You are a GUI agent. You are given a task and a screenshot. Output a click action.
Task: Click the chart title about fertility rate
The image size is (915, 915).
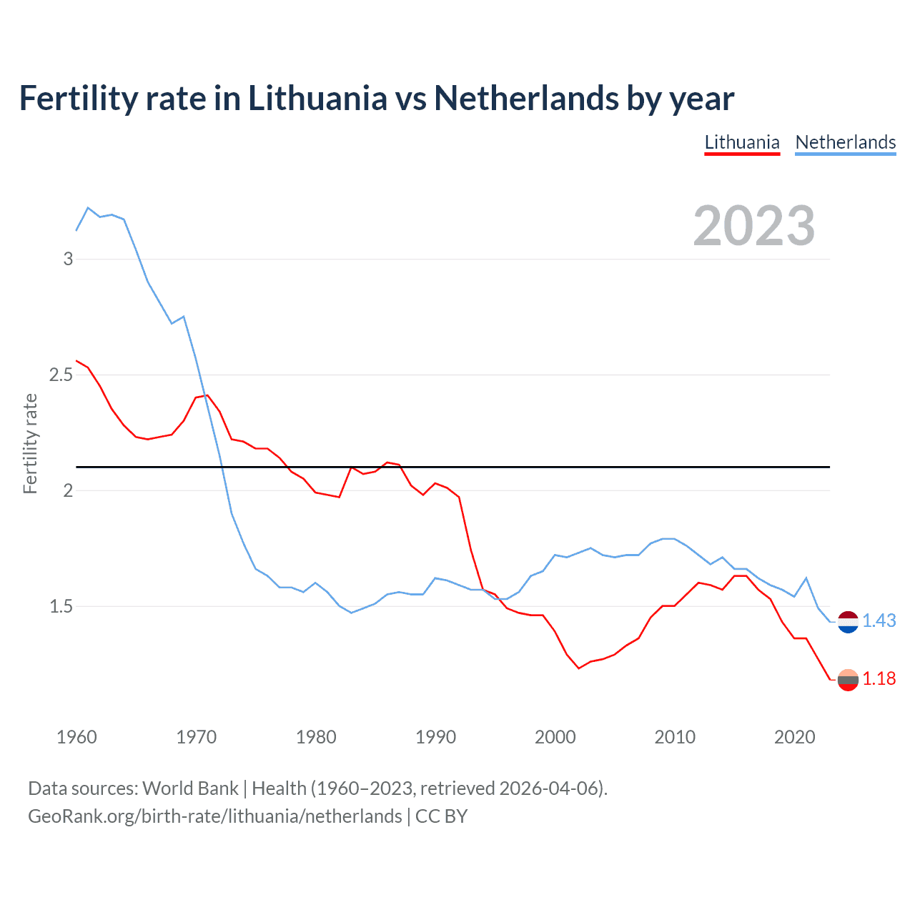pos(376,99)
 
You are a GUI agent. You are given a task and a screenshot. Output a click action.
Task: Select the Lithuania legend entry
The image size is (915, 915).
pos(741,142)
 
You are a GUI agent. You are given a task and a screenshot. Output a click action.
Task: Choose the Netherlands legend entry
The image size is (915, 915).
pos(845,142)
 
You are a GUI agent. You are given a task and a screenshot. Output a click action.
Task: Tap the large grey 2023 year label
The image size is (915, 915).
pos(753,226)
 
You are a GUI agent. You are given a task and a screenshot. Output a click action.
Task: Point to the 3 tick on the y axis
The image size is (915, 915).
pos(68,259)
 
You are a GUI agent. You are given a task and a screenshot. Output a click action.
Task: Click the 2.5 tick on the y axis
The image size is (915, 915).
pos(61,375)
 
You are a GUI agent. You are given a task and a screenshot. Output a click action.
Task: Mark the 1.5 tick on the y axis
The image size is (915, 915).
pos(61,606)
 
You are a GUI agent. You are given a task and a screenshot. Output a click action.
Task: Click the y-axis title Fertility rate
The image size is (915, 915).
pos(30,443)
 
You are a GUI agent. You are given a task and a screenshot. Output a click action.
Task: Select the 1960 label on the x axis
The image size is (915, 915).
pos(76,737)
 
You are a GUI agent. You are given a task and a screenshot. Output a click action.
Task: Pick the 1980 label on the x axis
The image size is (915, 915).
pos(316,737)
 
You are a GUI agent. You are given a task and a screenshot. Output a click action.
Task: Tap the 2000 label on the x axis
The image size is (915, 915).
pos(555,737)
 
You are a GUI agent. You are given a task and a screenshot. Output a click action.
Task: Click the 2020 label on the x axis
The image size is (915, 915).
pos(794,737)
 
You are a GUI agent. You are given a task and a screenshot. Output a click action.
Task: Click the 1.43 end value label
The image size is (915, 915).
pos(879,621)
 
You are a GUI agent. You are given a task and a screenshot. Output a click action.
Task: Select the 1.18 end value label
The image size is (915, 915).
pos(879,679)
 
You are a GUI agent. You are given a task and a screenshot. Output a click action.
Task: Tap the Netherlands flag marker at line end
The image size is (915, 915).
pos(848,622)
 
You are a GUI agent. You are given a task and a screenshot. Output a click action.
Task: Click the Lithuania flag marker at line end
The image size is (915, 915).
pos(848,680)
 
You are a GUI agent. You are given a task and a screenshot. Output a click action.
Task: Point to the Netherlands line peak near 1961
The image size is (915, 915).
pos(88,208)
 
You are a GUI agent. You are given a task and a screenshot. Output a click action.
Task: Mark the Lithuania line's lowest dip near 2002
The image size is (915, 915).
pos(578,668)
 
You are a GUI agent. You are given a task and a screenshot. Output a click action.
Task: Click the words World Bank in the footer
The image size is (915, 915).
pos(190,788)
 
